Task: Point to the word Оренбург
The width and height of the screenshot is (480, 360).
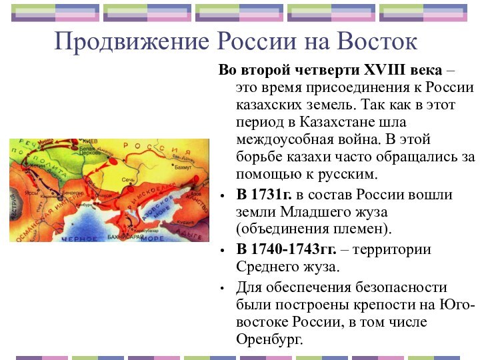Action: [x=269, y=339]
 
